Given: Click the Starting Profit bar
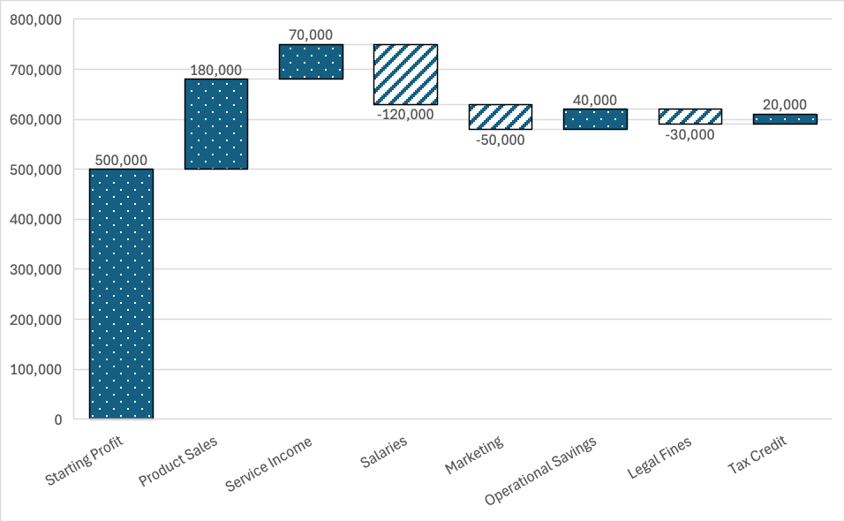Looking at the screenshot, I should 121,293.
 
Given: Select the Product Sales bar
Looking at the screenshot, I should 216,124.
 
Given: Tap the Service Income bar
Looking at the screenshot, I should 311,62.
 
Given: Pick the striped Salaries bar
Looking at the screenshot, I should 405,74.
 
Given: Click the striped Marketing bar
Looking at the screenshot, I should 500,117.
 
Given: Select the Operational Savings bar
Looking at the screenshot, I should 595,119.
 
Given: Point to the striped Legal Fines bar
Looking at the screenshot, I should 690,117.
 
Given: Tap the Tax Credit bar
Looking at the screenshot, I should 785,119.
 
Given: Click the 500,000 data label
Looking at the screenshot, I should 121,159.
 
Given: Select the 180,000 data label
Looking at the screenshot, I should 216,70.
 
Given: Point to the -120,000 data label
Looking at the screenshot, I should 405,114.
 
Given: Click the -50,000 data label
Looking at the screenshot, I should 500,140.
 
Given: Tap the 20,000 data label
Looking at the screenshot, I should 785,104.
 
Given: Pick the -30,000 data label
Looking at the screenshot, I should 690,134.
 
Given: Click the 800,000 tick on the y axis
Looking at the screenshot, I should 36,19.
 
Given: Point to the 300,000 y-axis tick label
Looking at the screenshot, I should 36,269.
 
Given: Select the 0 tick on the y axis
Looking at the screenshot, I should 57,419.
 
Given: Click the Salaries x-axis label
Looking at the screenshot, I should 385,453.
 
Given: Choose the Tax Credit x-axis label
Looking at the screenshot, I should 757,454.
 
